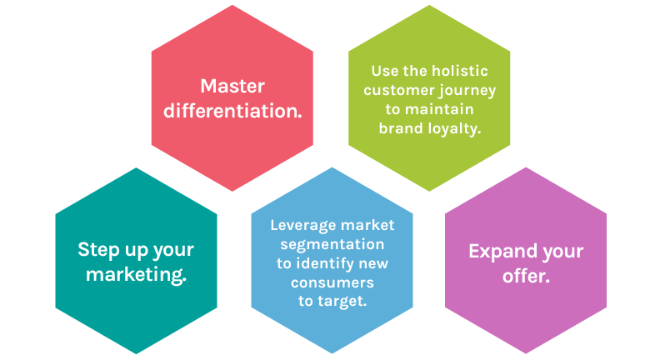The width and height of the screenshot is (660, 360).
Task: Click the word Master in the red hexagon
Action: (232, 87)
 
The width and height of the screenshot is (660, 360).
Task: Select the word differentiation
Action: (232, 111)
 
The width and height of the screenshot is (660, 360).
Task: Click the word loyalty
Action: (455, 129)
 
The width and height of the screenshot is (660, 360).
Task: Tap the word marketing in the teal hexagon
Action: (137, 274)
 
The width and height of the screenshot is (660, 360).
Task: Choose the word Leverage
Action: (303, 226)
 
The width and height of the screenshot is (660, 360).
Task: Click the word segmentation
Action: (332, 245)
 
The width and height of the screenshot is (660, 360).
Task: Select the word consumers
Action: (332, 282)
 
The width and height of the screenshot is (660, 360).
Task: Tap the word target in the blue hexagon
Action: (342, 302)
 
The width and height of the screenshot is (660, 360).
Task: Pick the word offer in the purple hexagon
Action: (526, 276)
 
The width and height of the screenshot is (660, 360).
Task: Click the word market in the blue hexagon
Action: (367, 225)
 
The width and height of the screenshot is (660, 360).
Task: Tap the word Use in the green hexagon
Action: (385, 71)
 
